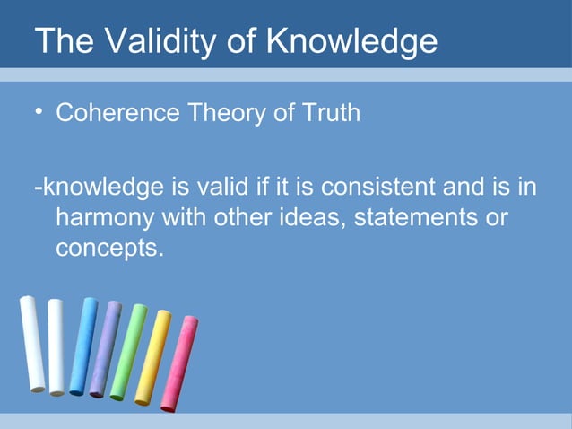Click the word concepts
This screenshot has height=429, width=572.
108,248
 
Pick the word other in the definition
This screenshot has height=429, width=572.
241,218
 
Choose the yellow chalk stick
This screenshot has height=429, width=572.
152,357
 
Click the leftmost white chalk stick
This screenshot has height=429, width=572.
32,345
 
